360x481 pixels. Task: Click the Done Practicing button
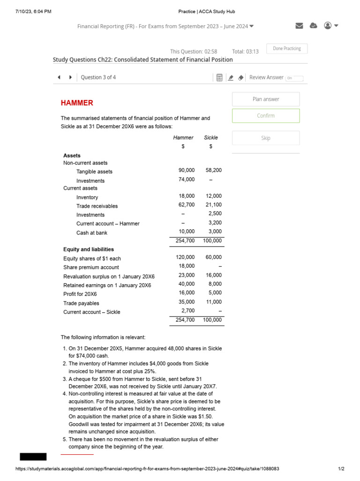[287, 49]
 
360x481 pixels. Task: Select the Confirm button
[266, 116]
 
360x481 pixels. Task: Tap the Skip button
[266, 138]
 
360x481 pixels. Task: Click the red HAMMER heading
[77, 103]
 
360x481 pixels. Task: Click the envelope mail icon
[299, 26]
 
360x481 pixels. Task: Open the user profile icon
[328, 25]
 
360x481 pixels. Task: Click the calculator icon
[219, 78]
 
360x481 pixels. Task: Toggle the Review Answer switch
[295, 78]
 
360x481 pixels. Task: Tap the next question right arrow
[70, 78]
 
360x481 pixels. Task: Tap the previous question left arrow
[59, 78]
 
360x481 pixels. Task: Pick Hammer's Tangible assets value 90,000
[187, 171]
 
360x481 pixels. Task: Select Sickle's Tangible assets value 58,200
[213, 171]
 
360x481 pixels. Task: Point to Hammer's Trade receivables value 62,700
[187, 205]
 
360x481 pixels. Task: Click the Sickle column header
[211, 138]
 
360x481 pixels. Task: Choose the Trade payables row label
[81, 303]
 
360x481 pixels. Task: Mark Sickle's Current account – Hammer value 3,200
[215, 223]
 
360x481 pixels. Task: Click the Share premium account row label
[91, 268]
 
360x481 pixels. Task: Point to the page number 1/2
[341, 469]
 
